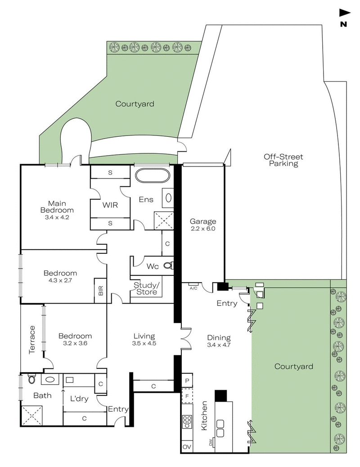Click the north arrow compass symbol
[x=344, y=13]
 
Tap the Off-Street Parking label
[x=283, y=160]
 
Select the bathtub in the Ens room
[x=152, y=175]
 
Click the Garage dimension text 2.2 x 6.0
[x=202, y=228]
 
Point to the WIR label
[x=110, y=205]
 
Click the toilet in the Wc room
[x=168, y=266]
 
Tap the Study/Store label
[x=145, y=288]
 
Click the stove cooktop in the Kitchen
[x=187, y=422]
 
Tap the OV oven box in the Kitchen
[x=187, y=447]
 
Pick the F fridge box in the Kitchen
[x=187, y=396]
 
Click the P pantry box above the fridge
[x=187, y=381]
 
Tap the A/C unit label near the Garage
[x=193, y=287]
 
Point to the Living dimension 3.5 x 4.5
[x=144, y=343]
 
